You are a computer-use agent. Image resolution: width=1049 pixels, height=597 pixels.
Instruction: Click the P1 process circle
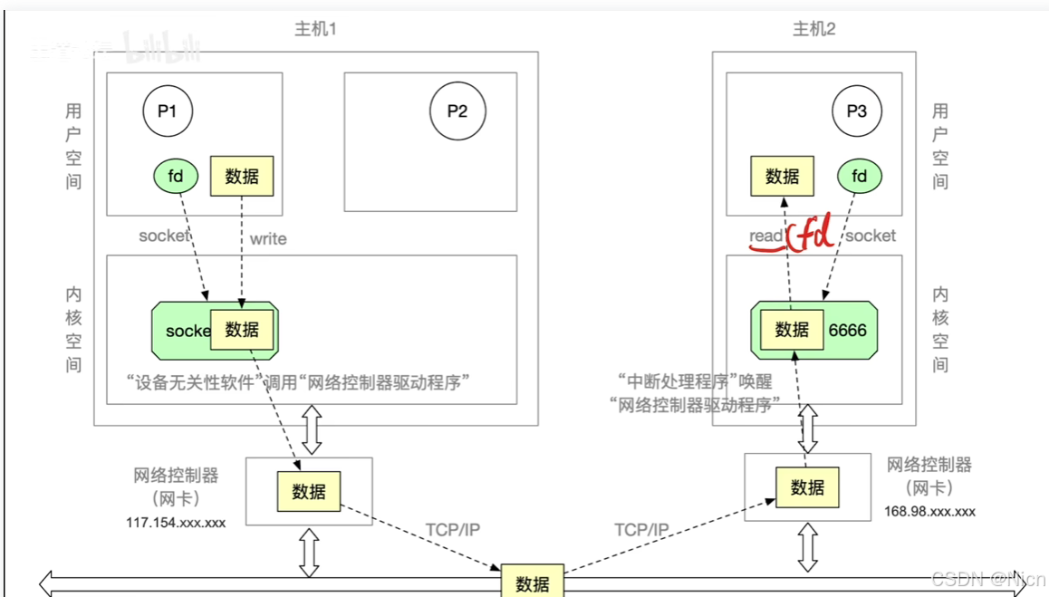tap(168, 112)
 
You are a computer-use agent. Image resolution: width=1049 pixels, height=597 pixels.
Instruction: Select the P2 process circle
tap(457, 112)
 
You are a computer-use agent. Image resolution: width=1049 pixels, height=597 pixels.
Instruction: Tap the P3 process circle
tap(857, 112)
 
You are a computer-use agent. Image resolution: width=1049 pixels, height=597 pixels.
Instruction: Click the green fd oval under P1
tap(176, 176)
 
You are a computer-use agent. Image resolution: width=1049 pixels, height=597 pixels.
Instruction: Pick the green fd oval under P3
tap(859, 176)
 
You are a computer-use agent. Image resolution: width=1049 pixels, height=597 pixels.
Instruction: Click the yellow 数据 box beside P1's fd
tap(242, 176)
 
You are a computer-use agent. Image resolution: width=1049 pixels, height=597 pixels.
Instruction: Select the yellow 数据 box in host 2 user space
tap(783, 176)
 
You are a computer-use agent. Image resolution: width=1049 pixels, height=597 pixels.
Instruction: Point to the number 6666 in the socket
tap(847, 331)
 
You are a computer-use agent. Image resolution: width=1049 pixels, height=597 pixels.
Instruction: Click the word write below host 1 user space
tap(268, 239)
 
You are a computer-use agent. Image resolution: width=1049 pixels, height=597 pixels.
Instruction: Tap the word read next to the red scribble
tap(765, 236)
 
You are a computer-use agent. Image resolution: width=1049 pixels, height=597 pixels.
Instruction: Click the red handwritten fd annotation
tap(811, 235)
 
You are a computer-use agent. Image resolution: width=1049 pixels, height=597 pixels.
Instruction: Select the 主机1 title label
tap(316, 29)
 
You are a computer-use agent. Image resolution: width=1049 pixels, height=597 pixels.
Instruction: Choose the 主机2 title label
tap(813, 29)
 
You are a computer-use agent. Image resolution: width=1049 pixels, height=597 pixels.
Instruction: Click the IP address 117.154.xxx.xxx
tap(176, 523)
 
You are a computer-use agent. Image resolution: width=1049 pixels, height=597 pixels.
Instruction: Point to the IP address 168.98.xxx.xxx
tap(929, 511)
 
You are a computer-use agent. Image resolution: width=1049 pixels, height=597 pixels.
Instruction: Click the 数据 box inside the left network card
tap(309, 492)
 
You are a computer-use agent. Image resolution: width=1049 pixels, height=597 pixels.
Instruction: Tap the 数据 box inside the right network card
tap(807, 487)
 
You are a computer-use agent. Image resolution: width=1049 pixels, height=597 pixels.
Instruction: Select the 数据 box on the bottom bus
tap(533, 583)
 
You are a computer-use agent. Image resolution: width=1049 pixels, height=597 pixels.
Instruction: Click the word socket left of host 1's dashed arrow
tap(164, 236)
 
